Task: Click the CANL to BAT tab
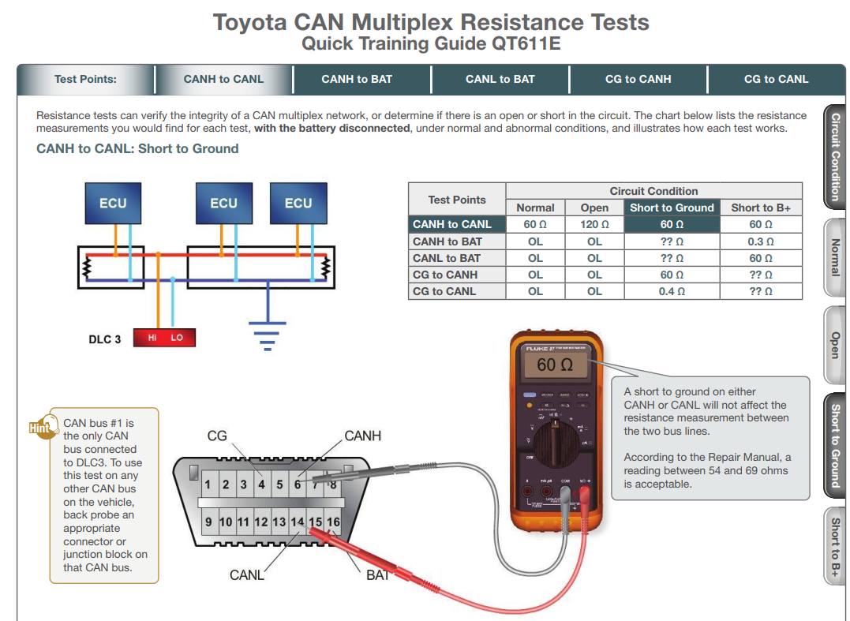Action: [x=500, y=79]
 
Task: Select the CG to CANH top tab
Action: [x=638, y=79]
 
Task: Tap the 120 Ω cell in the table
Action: [x=594, y=225]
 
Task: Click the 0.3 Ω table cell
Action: [x=761, y=241]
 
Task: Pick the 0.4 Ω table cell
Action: [x=672, y=291]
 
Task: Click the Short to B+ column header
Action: [x=761, y=208]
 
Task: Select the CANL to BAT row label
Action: [x=447, y=258]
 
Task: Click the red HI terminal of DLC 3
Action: [x=152, y=338]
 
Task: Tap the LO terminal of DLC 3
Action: [x=177, y=338]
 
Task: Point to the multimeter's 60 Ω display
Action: [x=555, y=365]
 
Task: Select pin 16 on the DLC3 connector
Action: [x=333, y=522]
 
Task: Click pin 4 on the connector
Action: [x=261, y=484]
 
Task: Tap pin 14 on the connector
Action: [x=297, y=522]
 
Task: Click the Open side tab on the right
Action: [x=834, y=346]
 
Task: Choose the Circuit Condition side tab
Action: [x=834, y=156]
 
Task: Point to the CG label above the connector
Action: [x=217, y=436]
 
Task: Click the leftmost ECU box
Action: [x=113, y=204]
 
